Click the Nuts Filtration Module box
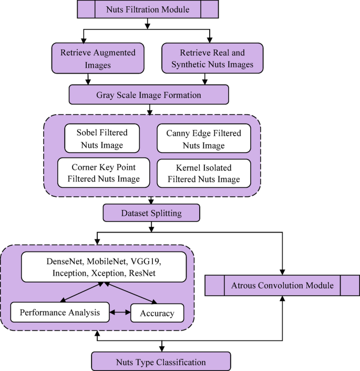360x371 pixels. (147, 9)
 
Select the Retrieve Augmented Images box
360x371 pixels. (90, 58)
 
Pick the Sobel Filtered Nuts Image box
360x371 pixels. (101, 137)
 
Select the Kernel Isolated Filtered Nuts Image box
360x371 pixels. (203, 173)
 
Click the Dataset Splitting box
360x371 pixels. (151, 213)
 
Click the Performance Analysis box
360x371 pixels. (59, 313)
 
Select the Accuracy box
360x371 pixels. (157, 313)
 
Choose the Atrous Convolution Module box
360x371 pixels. (282, 286)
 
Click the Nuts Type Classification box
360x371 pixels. (161, 362)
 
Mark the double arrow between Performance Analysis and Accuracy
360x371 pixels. (119, 313)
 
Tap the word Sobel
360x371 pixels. (86, 132)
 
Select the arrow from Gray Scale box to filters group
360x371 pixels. (151, 108)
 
